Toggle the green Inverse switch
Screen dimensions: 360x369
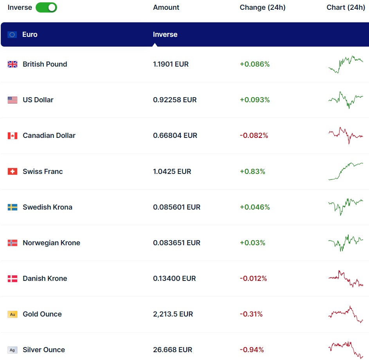[46, 7]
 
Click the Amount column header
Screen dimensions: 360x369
[166, 7]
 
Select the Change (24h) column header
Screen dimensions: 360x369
[262, 7]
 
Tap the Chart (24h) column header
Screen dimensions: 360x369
[346, 7]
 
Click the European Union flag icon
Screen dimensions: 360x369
[12, 34]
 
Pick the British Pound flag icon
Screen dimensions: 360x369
[13, 64]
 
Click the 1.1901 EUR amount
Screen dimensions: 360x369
[171, 64]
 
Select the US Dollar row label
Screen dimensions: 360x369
[38, 100]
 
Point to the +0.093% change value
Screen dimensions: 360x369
[255, 100]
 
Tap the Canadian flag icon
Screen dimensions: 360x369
[13, 136]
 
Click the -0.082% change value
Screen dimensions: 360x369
[254, 136]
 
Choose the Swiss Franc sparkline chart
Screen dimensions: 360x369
[346, 171]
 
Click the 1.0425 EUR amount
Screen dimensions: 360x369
[172, 172]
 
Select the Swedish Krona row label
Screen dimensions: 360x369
[47, 207]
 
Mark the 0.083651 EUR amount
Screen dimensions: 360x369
[176, 243]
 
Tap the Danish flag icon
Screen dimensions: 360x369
[13, 279]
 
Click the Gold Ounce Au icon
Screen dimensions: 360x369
[13, 314]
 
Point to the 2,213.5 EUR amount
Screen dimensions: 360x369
[173, 314]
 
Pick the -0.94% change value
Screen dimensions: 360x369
[252, 350]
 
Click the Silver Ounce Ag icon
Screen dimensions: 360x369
[13, 350]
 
